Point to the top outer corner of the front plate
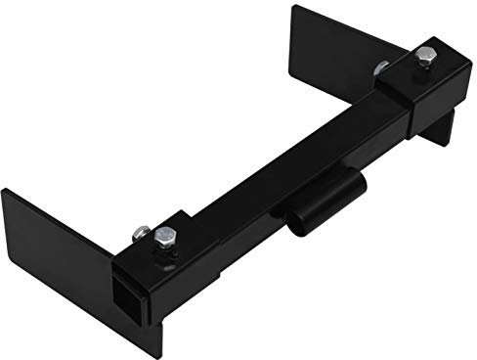pyautogui.click(x=5, y=192)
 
